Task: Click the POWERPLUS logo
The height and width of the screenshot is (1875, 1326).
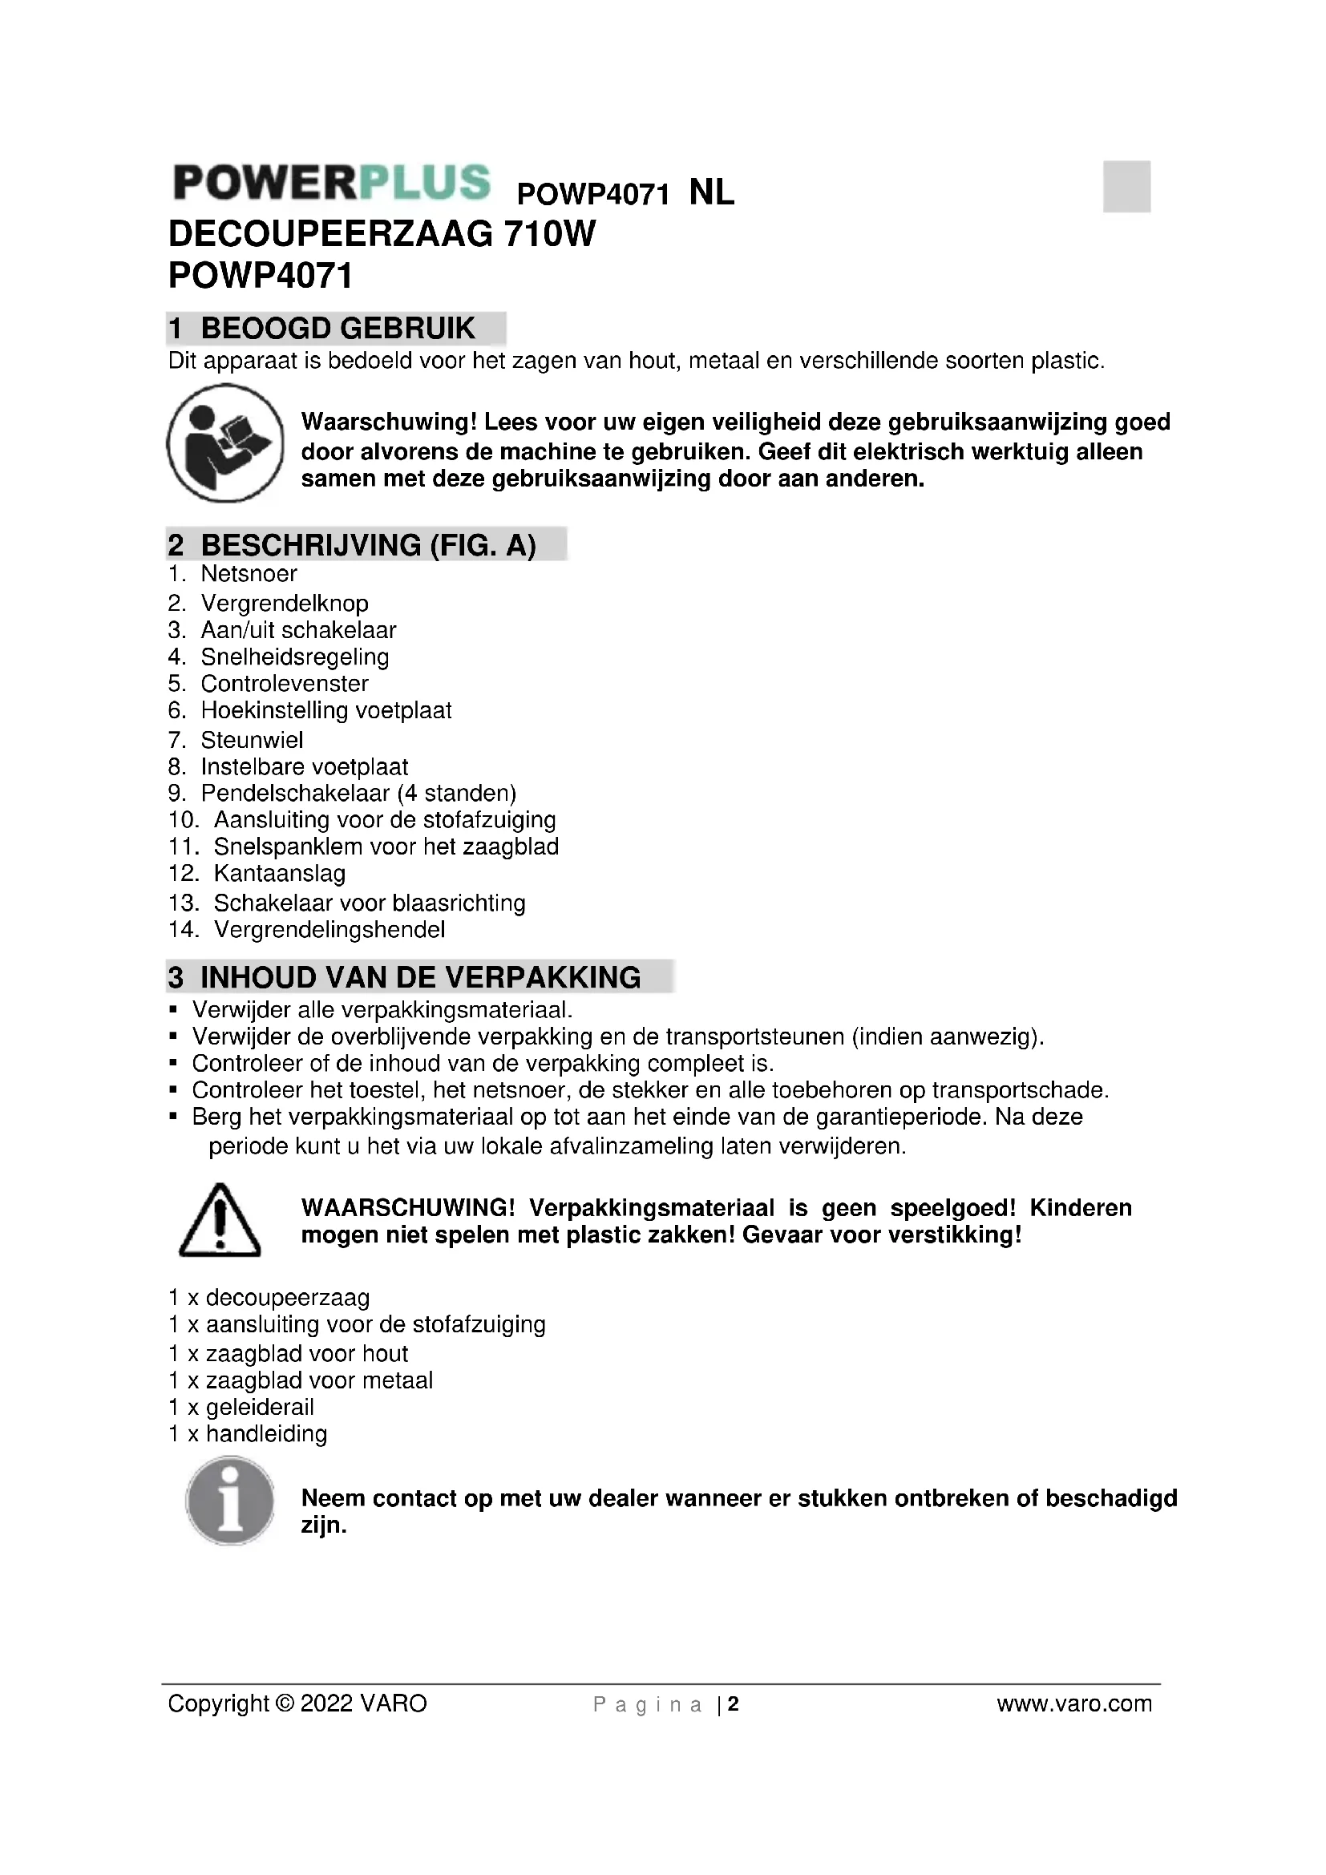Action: tap(332, 182)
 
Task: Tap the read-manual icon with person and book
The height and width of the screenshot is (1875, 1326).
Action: tap(225, 443)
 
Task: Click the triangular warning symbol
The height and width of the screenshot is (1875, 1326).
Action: tap(220, 1220)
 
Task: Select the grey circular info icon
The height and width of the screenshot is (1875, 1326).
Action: tap(229, 1501)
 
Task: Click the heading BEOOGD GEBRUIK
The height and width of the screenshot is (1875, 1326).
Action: tap(338, 329)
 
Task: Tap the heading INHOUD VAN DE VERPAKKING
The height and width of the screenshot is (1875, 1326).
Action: tap(419, 976)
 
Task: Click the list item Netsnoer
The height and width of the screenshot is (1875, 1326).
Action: tap(249, 574)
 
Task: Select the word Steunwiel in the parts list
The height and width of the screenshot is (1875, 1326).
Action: tap(252, 740)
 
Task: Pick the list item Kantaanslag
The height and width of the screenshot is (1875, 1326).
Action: tap(279, 874)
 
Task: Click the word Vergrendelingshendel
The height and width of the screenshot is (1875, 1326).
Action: tap(329, 929)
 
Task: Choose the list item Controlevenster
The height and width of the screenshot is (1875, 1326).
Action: tap(284, 684)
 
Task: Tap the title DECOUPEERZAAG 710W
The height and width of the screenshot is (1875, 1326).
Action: tap(382, 235)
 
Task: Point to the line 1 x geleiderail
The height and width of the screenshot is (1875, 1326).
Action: tap(241, 1407)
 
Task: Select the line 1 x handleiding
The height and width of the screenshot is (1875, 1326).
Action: tap(248, 1434)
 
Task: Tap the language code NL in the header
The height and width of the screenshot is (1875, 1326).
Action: tap(712, 193)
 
